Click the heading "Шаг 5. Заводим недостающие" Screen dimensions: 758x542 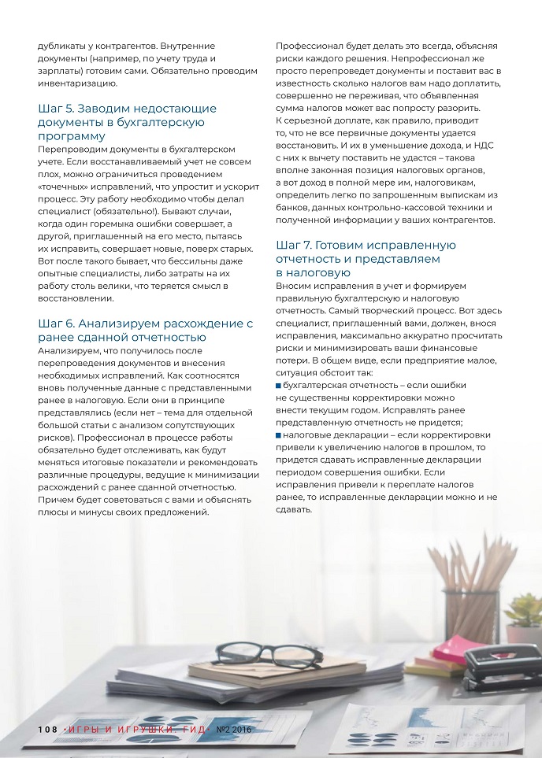pos(127,109)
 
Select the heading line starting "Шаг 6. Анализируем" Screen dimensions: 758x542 pos(145,324)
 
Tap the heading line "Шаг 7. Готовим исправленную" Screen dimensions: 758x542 pos(366,245)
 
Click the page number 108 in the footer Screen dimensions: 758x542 pos(47,730)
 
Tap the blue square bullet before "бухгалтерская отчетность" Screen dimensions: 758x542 pos(279,386)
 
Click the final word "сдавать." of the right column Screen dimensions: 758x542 pos(295,509)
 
